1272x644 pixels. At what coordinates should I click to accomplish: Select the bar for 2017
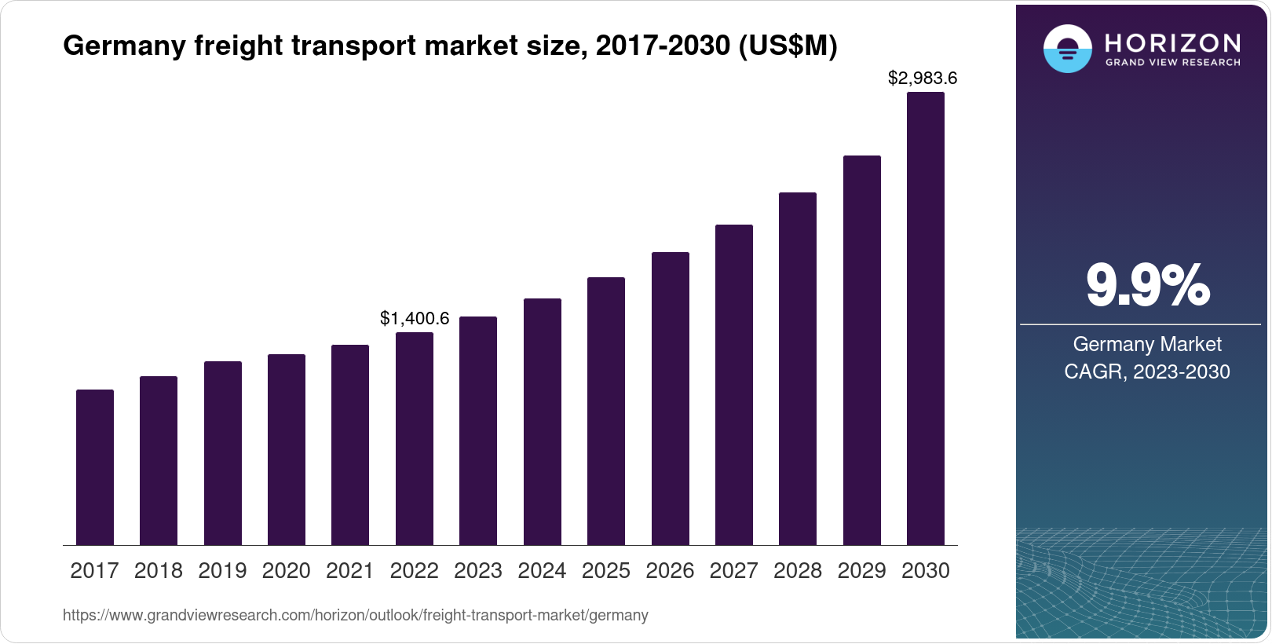click(95, 467)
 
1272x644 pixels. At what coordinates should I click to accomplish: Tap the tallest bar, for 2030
click(926, 318)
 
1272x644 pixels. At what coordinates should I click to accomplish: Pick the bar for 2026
click(671, 398)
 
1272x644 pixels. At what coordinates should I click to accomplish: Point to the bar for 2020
click(287, 449)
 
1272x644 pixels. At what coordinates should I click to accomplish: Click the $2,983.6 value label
click(923, 79)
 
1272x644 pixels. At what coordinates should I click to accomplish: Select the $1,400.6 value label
click(415, 318)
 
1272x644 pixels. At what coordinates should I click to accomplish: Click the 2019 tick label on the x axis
click(222, 571)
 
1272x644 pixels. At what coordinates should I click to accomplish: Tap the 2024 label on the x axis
click(542, 571)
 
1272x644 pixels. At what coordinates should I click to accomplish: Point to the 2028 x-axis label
click(798, 571)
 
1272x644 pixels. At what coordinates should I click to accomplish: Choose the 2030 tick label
click(926, 571)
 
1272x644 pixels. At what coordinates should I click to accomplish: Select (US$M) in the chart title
click(788, 46)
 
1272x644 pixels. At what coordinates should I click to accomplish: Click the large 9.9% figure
click(1147, 286)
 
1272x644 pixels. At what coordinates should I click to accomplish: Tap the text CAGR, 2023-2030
click(1147, 371)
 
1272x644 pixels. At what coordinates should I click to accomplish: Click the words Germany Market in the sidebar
click(1147, 344)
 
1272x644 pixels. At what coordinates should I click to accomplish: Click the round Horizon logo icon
click(1067, 49)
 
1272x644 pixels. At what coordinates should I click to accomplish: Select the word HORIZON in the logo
click(1172, 42)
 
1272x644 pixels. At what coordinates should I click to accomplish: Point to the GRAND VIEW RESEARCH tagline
click(1172, 62)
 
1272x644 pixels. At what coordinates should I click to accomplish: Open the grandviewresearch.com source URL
click(355, 615)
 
